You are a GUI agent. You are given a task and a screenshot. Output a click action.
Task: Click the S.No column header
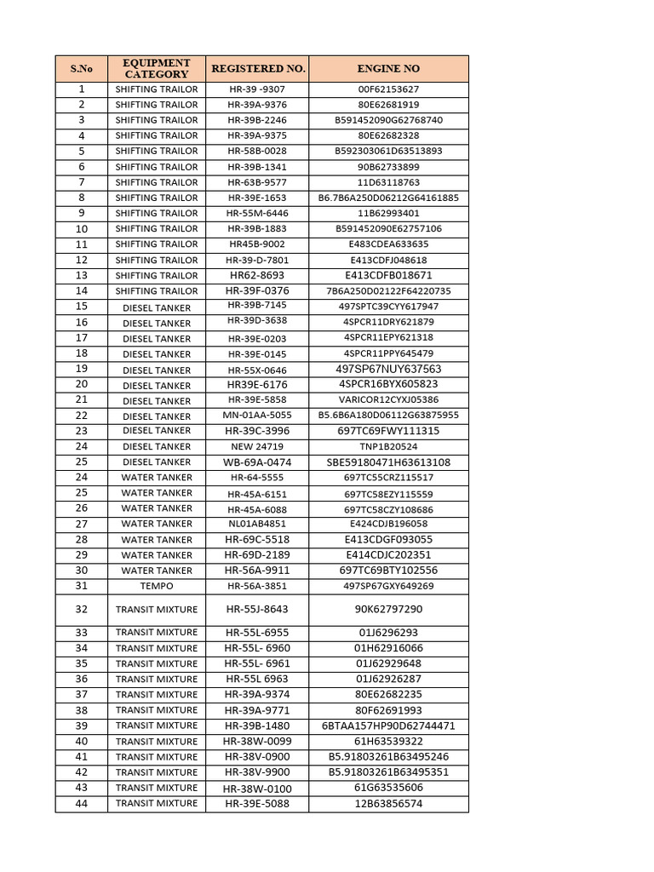point(81,68)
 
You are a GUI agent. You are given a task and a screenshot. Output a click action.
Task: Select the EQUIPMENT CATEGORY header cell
point(156,68)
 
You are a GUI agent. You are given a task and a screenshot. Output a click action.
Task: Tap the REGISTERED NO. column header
point(257,68)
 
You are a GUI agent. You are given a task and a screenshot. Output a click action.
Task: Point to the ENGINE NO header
point(388,68)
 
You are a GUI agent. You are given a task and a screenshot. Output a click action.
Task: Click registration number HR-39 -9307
point(257,89)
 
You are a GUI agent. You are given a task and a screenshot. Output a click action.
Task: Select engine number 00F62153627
point(388,89)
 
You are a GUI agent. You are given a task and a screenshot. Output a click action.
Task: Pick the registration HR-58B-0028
point(257,151)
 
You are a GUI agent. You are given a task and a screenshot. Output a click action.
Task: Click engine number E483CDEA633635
point(388,244)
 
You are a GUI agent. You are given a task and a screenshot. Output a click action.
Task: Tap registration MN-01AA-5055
point(257,416)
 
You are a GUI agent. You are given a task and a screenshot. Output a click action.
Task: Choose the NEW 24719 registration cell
point(257,446)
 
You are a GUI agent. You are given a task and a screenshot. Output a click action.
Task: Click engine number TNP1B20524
point(388,446)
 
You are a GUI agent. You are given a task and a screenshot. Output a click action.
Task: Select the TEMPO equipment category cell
point(156,586)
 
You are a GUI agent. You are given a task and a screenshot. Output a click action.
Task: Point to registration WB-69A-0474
point(257,462)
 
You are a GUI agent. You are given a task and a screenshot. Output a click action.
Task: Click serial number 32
point(82,609)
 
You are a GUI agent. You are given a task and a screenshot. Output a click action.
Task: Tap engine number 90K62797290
point(388,609)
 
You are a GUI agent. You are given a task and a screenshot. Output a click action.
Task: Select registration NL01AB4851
point(257,524)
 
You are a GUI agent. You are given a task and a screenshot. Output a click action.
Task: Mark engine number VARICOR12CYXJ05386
point(388,399)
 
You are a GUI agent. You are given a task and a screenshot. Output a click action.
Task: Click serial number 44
point(82,803)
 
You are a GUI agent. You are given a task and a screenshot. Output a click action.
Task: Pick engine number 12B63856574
point(388,803)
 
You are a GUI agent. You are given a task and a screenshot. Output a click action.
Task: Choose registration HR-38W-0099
point(257,741)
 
